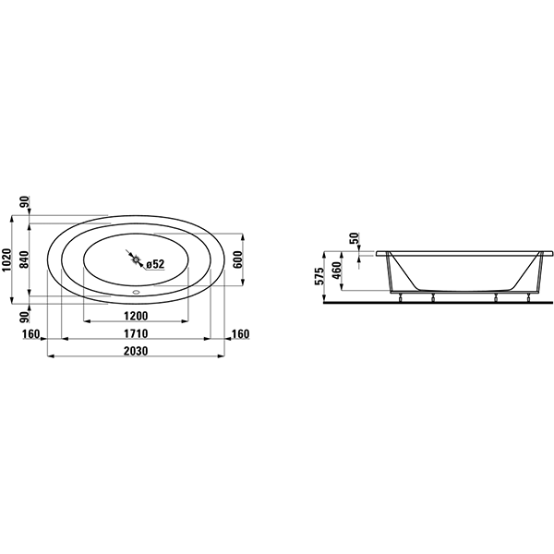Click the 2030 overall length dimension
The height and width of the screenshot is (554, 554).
(136, 351)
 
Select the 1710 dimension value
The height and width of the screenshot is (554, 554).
(136, 333)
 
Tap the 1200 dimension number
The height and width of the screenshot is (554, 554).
(136, 316)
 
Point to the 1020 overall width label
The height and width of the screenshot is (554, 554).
(6, 259)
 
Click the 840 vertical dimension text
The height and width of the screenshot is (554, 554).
(24, 259)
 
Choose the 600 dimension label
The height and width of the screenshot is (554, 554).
(238, 259)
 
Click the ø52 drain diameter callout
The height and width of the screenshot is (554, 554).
(155, 264)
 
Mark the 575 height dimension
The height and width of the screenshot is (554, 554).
(319, 276)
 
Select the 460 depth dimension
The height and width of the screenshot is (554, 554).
(336, 270)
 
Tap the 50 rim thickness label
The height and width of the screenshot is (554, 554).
(354, 238)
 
